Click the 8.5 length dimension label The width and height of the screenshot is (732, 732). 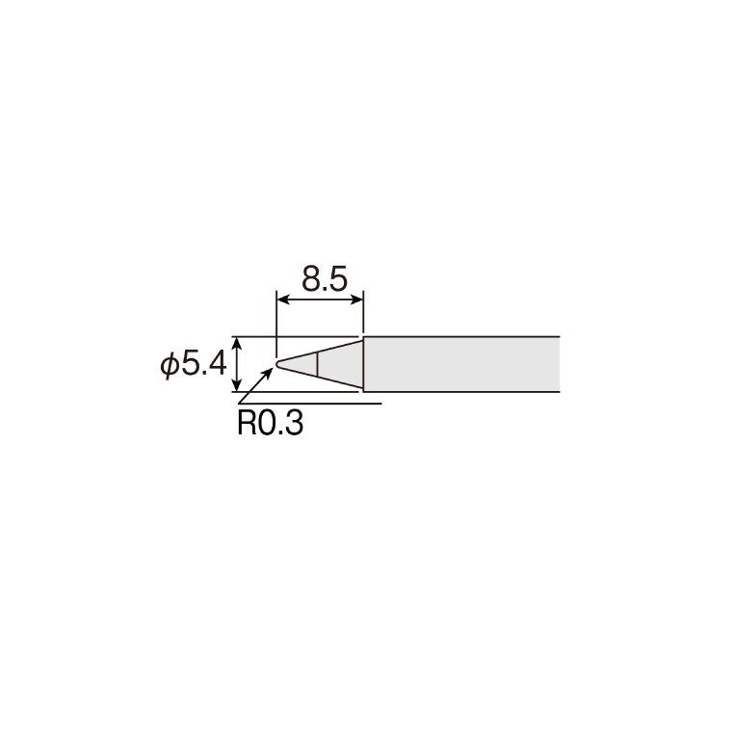(x=325, y=278)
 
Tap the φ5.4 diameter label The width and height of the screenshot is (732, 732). (x=194, y=364)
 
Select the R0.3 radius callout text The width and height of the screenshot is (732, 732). (x=271, y=423)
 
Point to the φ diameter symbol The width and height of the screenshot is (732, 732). (x=170, y=365)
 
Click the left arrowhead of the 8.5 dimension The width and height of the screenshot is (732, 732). (x=283, y=300)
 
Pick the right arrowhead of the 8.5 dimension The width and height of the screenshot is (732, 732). (x=356, y=300)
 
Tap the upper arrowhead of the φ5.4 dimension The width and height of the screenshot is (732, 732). (x=238, y=344)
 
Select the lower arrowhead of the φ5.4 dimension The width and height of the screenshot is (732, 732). (x=238, y=384)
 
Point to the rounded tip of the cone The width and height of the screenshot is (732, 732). (x=277, y=364)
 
